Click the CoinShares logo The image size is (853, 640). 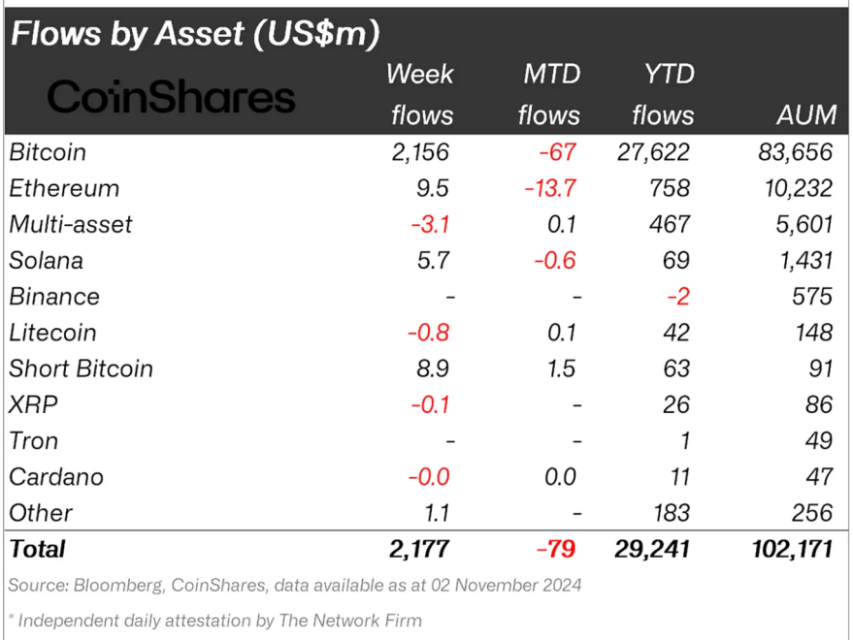(171, 97)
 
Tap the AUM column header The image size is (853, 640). (805, 114)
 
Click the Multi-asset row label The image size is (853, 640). (71, 224)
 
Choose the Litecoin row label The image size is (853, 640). (52, 333)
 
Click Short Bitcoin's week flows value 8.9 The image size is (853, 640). (432, 368)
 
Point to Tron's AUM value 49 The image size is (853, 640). (818, 440)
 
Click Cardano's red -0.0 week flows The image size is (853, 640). (428, 477)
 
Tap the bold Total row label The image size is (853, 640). (38, 549)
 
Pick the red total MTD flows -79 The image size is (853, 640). (555, 549)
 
